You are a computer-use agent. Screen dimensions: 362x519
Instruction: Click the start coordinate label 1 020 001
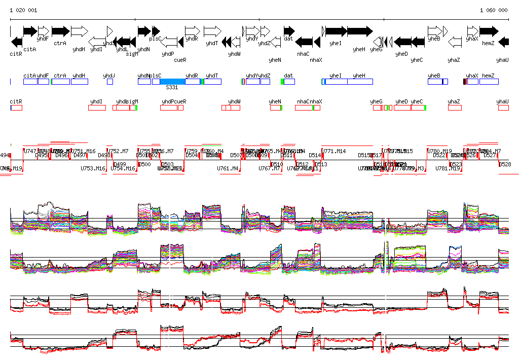pos(23,10)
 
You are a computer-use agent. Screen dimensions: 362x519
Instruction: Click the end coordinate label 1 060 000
pos(494,10)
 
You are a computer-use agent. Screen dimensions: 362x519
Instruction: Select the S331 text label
pos(172,87)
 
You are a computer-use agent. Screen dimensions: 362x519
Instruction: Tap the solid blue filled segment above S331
pos(180,82)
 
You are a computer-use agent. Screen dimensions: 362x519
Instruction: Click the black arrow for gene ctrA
pos(60,31)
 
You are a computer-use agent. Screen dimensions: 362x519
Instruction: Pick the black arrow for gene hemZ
pos(489,31)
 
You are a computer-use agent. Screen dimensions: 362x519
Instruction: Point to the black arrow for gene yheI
pos(336,31)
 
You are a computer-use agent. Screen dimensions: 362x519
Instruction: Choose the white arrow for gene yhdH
pos(80,31)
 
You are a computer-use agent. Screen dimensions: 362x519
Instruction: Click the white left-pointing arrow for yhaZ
pos(455,41)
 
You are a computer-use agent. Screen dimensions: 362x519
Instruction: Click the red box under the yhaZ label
pos(455,107)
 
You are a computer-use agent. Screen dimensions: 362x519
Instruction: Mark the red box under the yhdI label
pos(97,107)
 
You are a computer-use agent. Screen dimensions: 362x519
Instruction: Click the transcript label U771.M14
pos(335,151)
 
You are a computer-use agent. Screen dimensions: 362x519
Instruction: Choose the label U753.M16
pos(93,168)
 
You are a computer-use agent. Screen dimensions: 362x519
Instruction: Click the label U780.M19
pos(440,151)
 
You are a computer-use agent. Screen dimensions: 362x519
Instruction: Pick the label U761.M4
pos(228,168)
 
